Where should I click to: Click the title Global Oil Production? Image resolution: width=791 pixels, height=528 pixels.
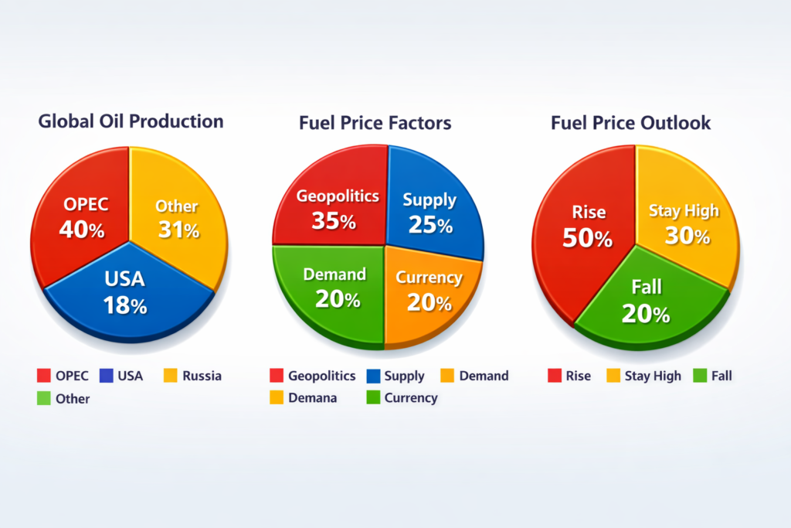tap(131, 121)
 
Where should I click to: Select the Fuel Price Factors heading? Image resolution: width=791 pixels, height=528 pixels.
tap(375, 123)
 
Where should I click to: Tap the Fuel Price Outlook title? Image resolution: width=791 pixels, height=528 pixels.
tap(630, 123)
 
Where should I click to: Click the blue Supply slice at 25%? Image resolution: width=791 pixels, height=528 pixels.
tap(433, 209)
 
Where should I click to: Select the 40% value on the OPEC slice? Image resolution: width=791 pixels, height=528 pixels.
tap(83, 230)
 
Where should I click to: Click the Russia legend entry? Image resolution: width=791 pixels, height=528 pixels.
tap(202, 376)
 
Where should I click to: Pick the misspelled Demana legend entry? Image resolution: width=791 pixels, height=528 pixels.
tap(312, 398)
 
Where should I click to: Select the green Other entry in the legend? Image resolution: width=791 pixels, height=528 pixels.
tap(72, 399)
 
